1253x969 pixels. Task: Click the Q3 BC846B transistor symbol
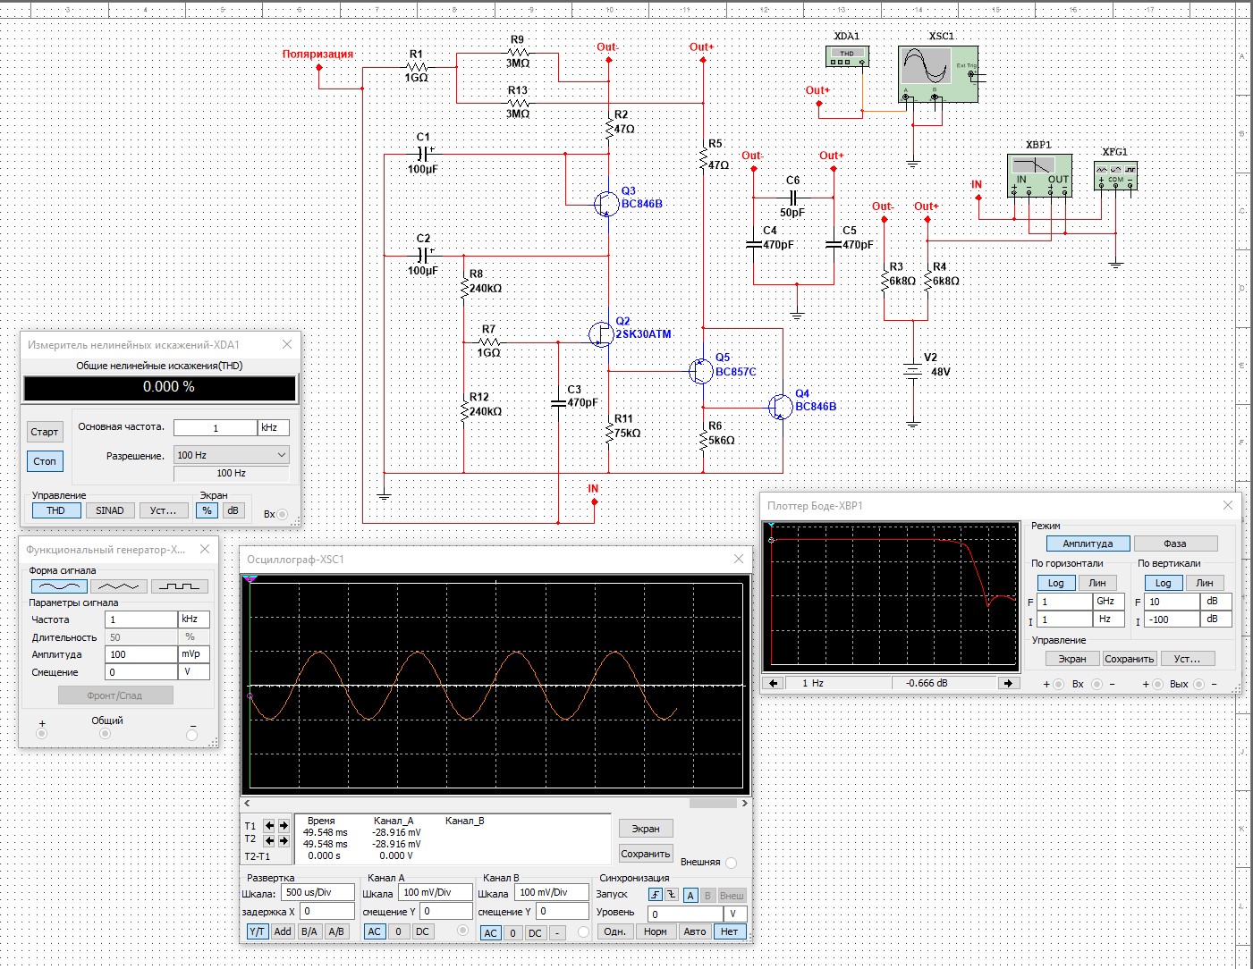click(x=607, y=203)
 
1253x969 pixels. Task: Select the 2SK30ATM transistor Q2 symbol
click(x=601, y=333)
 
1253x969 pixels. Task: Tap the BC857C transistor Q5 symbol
click(x=700, y=370)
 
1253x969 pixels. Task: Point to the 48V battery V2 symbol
click(x=912, y=370)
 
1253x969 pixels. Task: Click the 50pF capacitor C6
click(x=792, y=198)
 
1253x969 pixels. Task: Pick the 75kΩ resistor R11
click(x=609, y=433)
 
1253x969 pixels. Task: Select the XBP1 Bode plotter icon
click(x=1039, y=176)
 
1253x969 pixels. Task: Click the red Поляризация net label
click(x=317, y=55)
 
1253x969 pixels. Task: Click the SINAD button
click(x=110, y=510)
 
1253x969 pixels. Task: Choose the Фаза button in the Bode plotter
click(x=1175, y=543)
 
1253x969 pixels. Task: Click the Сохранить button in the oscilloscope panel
click(x=645, y=854)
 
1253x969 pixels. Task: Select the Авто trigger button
click(x=694, y=931)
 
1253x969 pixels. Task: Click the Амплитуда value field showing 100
click(x=140, y=654)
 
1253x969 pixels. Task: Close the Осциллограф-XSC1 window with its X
click(x=738, y=560)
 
